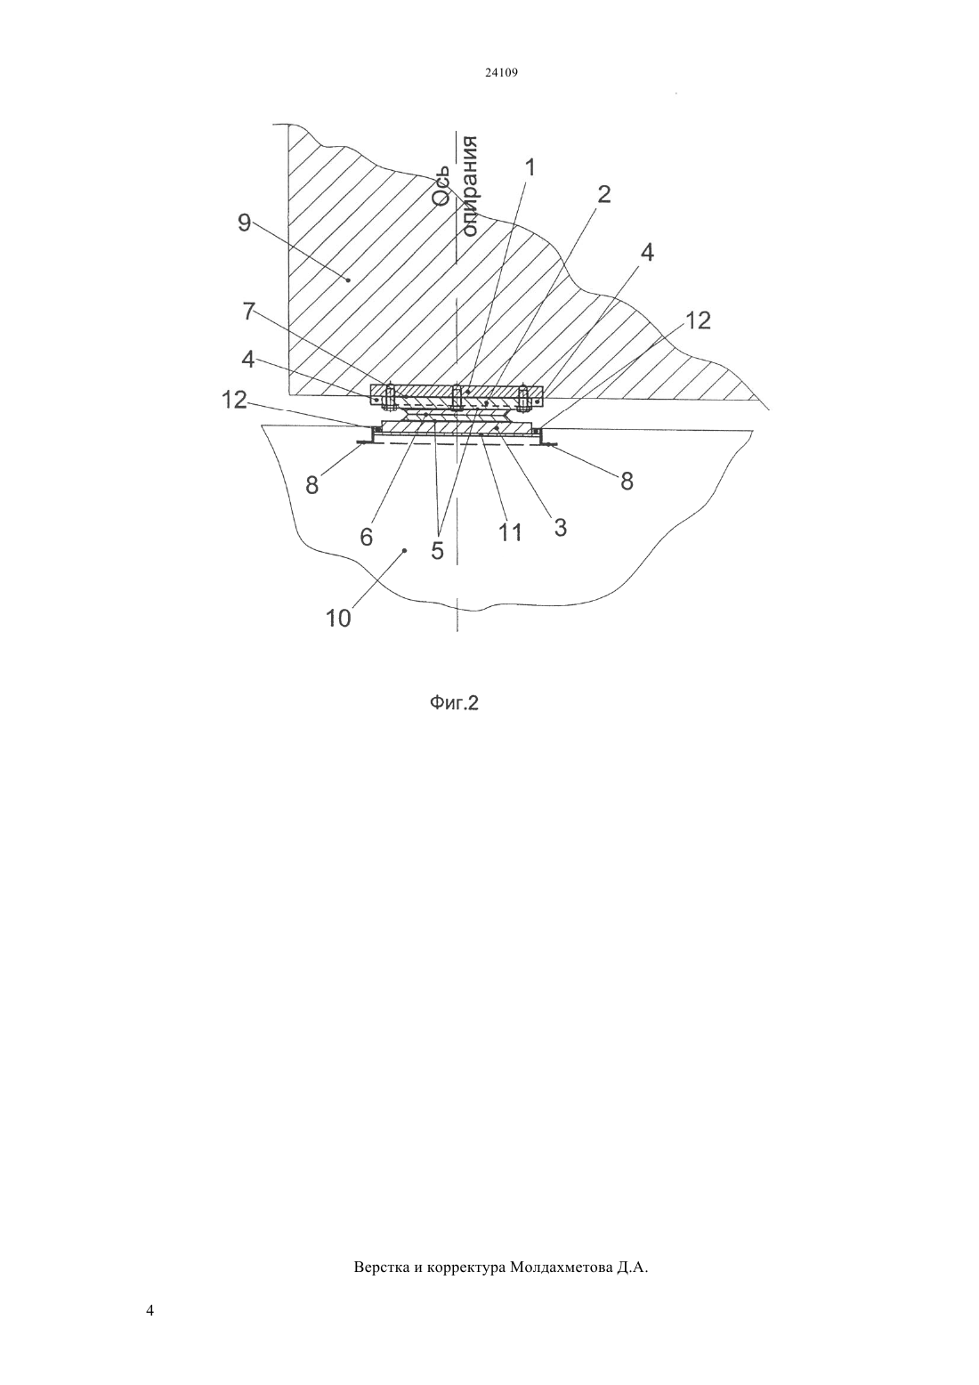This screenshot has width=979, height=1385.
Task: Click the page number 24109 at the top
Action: (501, 73)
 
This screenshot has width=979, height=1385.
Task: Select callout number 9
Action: (244, 223)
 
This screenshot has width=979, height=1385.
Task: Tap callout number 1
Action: (530, 167)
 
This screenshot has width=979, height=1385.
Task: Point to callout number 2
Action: (603, 194)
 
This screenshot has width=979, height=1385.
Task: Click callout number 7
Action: (248, 312)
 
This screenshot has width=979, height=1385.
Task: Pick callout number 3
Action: (560, 528)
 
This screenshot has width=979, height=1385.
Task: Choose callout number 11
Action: (511, 531)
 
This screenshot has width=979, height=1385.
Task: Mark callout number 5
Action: (438, 550)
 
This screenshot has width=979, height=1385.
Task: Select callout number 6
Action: (367, 538)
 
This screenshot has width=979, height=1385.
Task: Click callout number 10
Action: (338, 618)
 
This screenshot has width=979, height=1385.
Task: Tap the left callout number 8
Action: (312, 485)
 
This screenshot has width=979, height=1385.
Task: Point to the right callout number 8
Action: (627, 481)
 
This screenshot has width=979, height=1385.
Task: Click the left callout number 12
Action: (234, 400)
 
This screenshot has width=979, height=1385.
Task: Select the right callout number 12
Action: (698, 320)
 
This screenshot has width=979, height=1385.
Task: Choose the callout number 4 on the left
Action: (247, 360)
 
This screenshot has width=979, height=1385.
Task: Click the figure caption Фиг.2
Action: (454, 703)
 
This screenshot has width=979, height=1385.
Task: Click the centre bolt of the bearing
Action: (457, 397)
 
